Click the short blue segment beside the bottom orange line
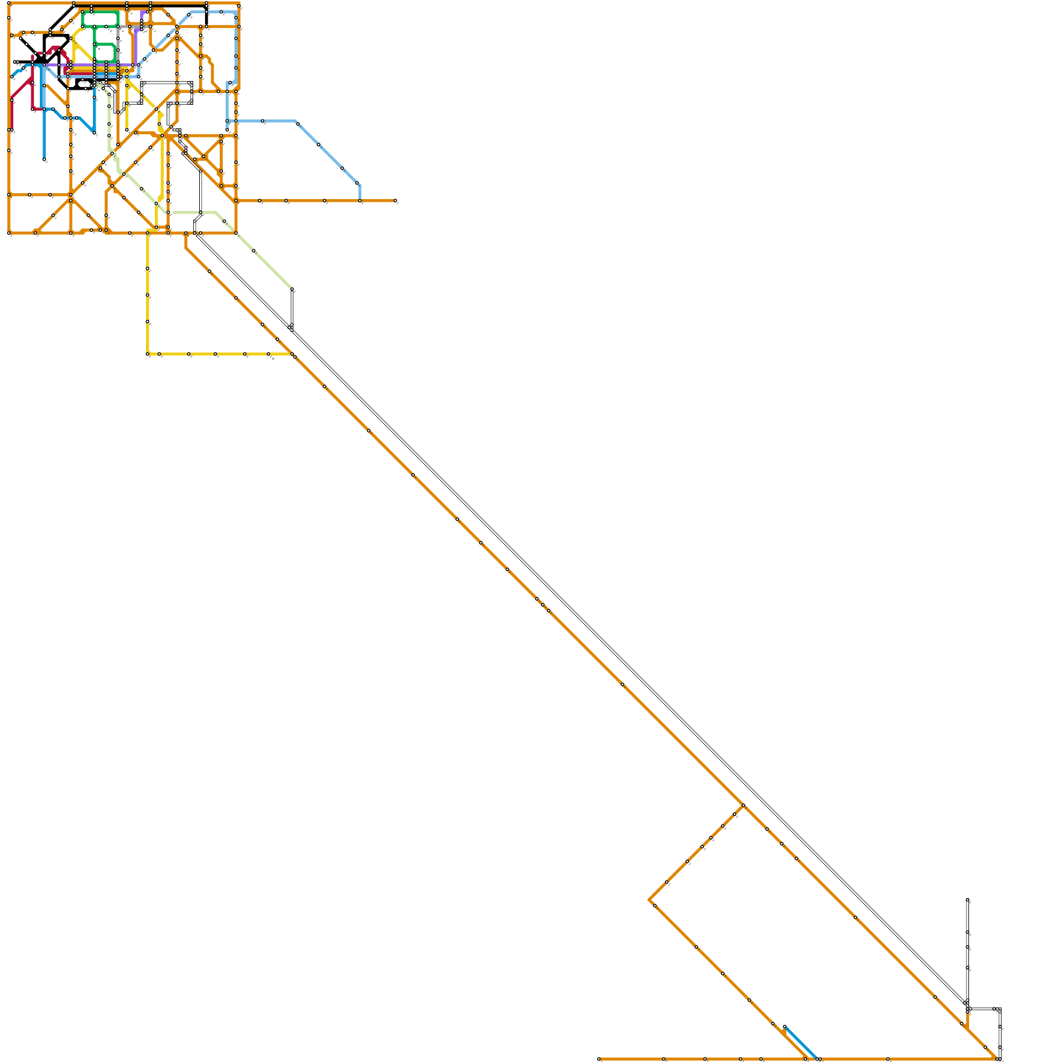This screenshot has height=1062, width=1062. (800, 1042)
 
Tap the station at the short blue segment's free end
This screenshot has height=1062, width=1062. (785, 1027)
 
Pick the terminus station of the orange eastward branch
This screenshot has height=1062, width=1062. (396, 200)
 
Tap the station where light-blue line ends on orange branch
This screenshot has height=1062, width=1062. (360, 200)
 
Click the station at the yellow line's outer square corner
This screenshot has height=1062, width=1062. (148, 354)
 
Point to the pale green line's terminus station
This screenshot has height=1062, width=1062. (292, 290)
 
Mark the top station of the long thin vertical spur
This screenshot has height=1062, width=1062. (968, 900)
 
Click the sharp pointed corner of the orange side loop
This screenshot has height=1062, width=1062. (650, 900)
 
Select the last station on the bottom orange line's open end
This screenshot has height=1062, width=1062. (599, 1059)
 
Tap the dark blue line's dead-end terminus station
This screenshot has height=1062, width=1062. (44, 159)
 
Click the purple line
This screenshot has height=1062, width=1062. (133, 46)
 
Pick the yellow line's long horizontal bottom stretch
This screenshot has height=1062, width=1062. (219, 354)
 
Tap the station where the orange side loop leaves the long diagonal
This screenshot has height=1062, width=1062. (743, 805)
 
